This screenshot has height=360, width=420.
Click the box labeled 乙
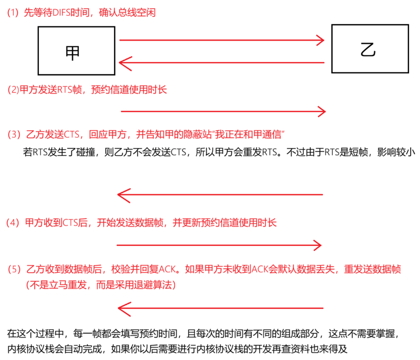[370, 49]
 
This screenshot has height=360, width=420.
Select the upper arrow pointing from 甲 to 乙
[222, 40]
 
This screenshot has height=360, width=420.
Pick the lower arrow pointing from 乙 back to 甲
[222, 63]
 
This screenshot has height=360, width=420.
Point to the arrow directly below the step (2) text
[223, 111]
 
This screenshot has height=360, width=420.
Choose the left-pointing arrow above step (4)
[220, 195]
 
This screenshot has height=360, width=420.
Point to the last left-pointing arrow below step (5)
[220, 308]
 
